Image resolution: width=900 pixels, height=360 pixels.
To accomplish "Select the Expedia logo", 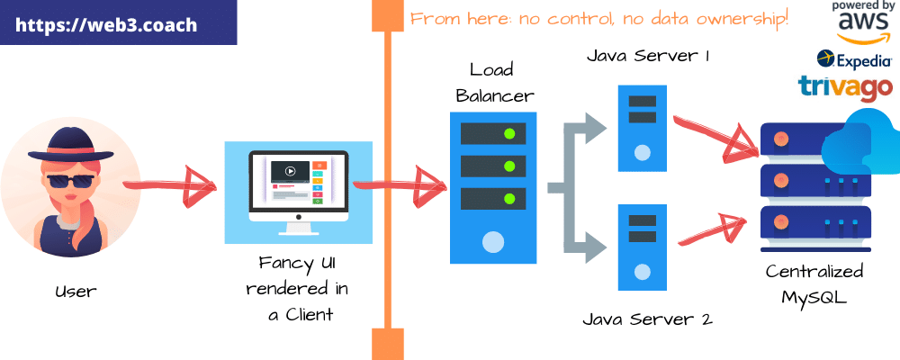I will pyautogui.click(x=854, y=60).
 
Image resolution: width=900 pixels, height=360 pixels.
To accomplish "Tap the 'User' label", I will pyautogui.click(x=74, y=291).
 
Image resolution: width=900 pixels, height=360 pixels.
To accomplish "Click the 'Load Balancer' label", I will pyautogui.click(x=494, y=83).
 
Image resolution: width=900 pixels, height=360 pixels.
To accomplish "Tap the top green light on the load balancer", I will pyautogui.click(x=509, y=134).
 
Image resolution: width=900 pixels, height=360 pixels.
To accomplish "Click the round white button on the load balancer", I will pyautogui.click(x=492, y=241).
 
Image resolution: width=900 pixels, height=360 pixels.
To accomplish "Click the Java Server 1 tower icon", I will pyautogui.click(x=643, y=128).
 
